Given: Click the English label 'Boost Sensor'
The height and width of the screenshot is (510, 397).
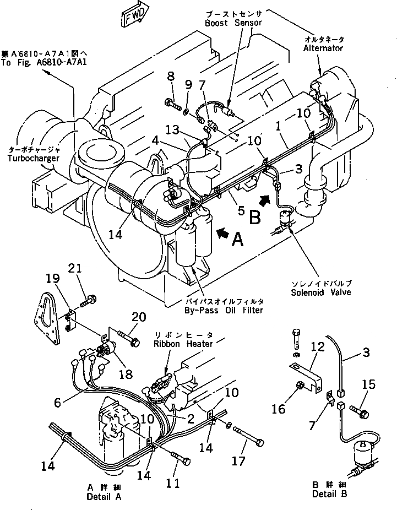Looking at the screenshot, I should tap(233, 23).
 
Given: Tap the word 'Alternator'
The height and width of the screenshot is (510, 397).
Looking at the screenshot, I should tap(323, 48).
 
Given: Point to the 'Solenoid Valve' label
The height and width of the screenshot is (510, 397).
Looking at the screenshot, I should tap(322, 292).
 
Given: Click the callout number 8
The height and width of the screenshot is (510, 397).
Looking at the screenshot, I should tap(170, 75).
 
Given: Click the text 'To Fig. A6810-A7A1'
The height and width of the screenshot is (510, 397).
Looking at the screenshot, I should tap(43, 62).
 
